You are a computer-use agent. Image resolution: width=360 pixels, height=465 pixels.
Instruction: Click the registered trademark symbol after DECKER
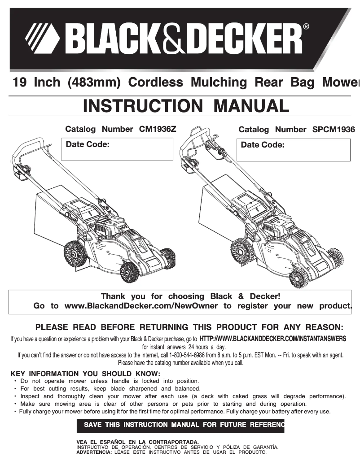(x=306, y=27)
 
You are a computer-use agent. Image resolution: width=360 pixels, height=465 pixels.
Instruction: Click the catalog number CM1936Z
(x=158, y=129)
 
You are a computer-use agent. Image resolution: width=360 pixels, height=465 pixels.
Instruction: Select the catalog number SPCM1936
(x=333, y=130)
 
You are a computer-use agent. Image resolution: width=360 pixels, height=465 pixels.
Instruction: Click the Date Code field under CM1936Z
(x=117, y=149)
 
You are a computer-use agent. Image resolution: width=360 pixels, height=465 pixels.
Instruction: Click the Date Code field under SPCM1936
(x=293, y=149)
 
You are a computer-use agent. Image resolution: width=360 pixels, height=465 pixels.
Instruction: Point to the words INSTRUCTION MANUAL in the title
(x=186, y=106)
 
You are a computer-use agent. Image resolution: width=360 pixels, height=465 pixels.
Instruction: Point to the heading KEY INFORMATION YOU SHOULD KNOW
(x=85, y=374)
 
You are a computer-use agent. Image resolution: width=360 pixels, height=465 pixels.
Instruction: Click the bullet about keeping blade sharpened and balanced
(x=110, y=389)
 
